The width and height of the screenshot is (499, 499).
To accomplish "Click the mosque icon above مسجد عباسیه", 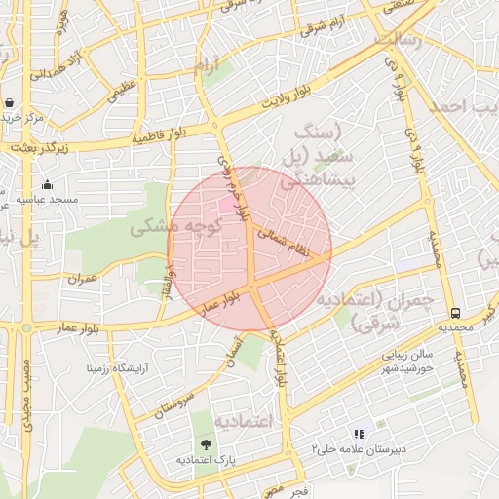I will (x=47, y=184).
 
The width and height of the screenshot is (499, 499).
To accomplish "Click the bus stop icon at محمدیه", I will (x=455, y=313).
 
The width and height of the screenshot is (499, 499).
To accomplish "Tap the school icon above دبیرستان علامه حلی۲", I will (x=359, y=434).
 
